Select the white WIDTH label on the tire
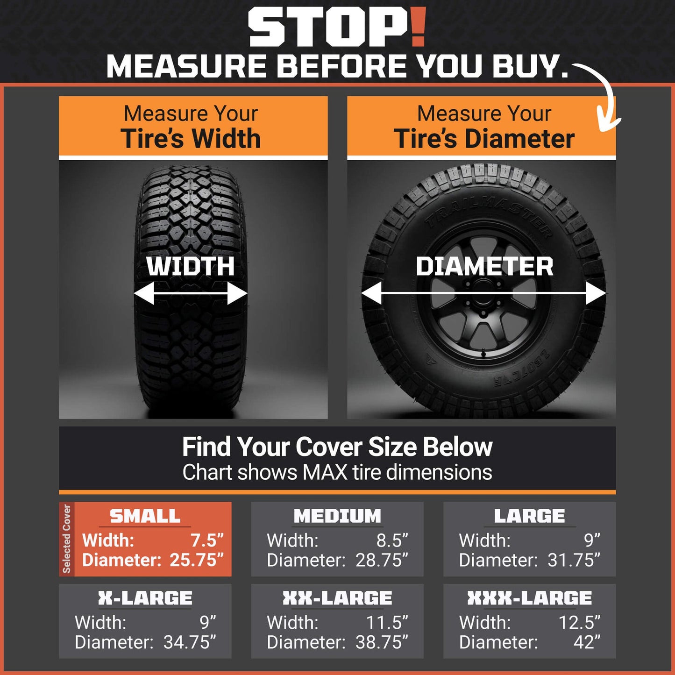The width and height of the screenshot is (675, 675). coord(191,266)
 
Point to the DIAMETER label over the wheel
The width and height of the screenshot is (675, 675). coord(484,266)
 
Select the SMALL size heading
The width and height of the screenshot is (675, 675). coord(145,516)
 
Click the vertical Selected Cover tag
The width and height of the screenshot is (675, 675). coord(67,539)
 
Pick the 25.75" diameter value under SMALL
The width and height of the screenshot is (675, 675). coord(197,560)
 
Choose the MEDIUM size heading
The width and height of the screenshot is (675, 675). coord(337,516)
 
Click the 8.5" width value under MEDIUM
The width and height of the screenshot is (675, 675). coord(392,540)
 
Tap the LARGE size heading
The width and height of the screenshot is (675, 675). coord(529,516)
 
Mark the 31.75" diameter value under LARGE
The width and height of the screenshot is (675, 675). coord(574,560)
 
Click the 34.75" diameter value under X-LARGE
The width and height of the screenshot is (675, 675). coord(190,642)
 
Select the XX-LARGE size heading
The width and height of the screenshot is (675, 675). coord(337,598)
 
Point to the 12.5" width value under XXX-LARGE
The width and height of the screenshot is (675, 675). coord(579,623)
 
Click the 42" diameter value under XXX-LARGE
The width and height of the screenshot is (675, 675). coord(587,642)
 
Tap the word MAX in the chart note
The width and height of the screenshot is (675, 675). coord(325,472)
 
